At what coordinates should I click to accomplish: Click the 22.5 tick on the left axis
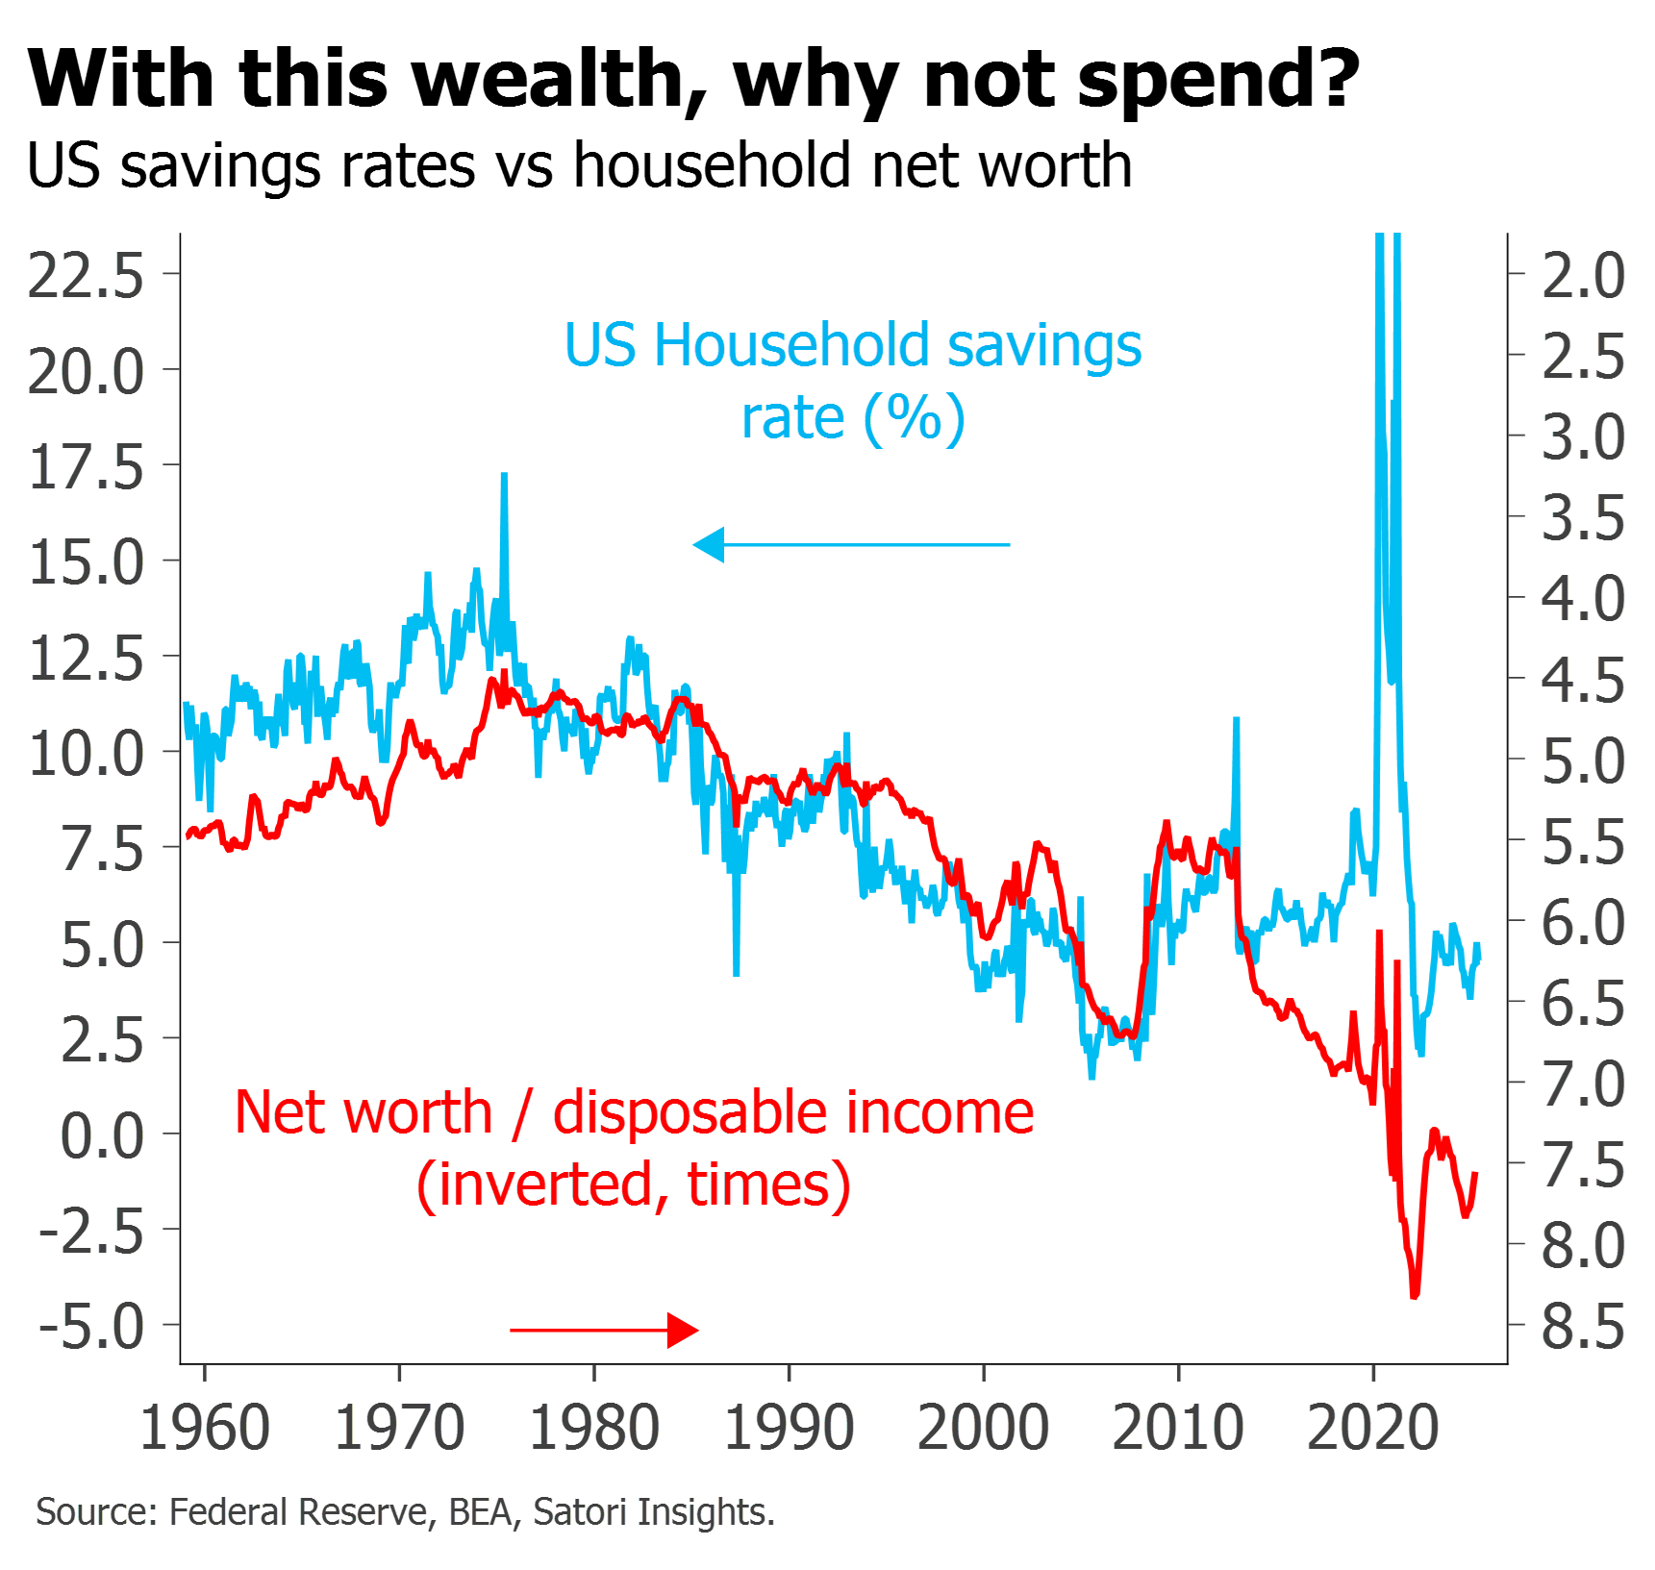86,276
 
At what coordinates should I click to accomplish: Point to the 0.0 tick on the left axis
102,1135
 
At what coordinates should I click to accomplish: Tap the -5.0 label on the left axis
91,1327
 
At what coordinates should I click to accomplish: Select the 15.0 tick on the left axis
87,562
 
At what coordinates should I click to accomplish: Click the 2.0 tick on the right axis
1583,276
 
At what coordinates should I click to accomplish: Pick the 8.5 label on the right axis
1583,1327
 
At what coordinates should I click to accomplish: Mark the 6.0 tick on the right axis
1583,922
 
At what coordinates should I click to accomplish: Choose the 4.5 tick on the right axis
1583,680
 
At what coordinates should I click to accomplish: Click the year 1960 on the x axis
205,1428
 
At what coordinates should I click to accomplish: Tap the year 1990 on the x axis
790,1428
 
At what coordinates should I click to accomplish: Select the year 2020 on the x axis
1373,1428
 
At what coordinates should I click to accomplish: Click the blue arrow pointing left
851,545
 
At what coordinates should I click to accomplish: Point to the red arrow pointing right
606,1331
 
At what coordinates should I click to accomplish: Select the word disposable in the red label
690,1113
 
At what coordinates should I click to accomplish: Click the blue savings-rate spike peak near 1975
504,475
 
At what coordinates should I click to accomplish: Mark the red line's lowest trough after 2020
1415,1296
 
